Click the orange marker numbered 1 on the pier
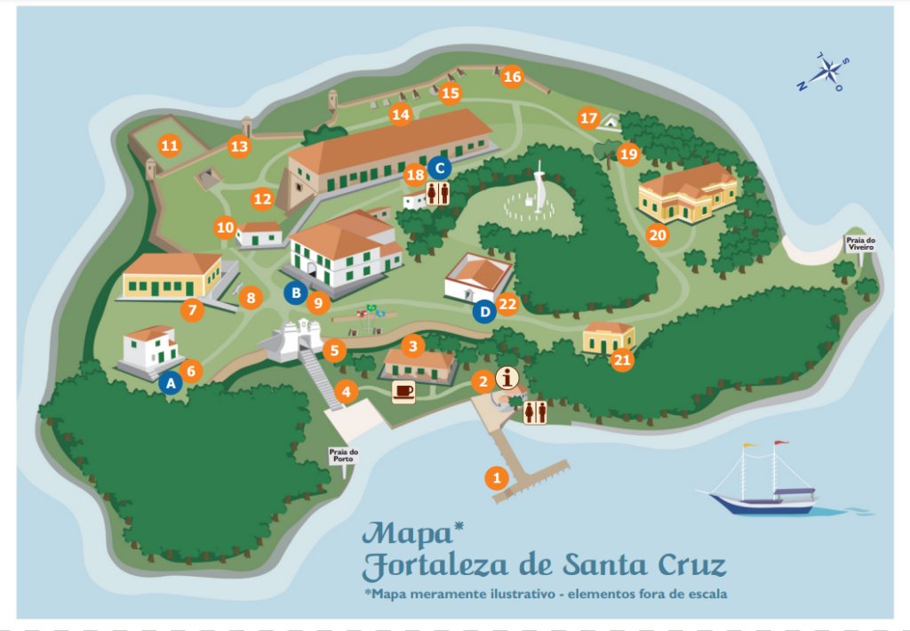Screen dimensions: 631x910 click(497, 477)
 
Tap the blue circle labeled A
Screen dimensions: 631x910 click(172, 383)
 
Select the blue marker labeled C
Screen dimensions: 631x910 click(439, 166)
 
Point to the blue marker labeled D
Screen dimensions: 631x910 click(483, 312)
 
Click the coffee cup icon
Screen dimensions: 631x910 click(403, 391)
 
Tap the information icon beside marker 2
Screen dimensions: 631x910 click(508, 379)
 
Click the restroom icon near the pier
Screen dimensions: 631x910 click(535, 412)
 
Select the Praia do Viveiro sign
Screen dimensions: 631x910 click(859, 243)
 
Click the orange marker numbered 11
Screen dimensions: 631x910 click(169, 145)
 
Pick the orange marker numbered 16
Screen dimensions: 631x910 click(512, 76)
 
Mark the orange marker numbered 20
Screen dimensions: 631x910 click(658, 236)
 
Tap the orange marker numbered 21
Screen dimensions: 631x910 click(622, 359)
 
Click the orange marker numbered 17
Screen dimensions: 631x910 click(588, 117)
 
